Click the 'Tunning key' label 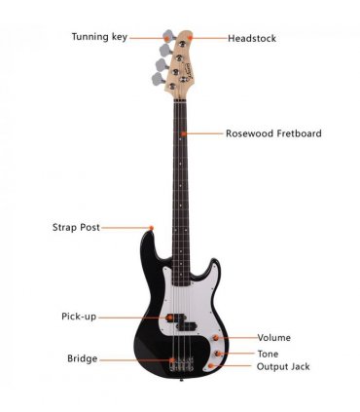pyautogui.click(x=99, y=37)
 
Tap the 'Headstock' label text pyautogui.click(x=252, y=38)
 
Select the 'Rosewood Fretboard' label pyautogui.click(x=273, y=133)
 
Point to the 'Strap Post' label pyautogui.click(x=76, y=227)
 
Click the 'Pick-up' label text pyautogui.click(x=79, y=317)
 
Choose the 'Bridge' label pyautogui.click(x=83, y=358)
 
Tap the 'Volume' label pyautogui.click(x=274, y=338)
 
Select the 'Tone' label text pyautogui.click(x=268, y=354)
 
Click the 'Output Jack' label pyautogui.click(x=283, y=366)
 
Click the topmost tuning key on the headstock pyautogui.click(x=168, y=35)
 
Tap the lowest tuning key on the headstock pyautogui.click(x=158, y=79)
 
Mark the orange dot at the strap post pyautogui.click(x=151, y=228)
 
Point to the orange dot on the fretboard pyautogui.click(x=184, y=133)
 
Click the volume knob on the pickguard pyautogui.click(x=216, y=338)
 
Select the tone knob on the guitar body pyautogui.click(x=218, y=354)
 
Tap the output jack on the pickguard pyautogui.click(x=210, y=366)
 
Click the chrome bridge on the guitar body pyautogui.click(x=181, y=364)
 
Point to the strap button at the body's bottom pyautogui.click(x=181, y=379)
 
